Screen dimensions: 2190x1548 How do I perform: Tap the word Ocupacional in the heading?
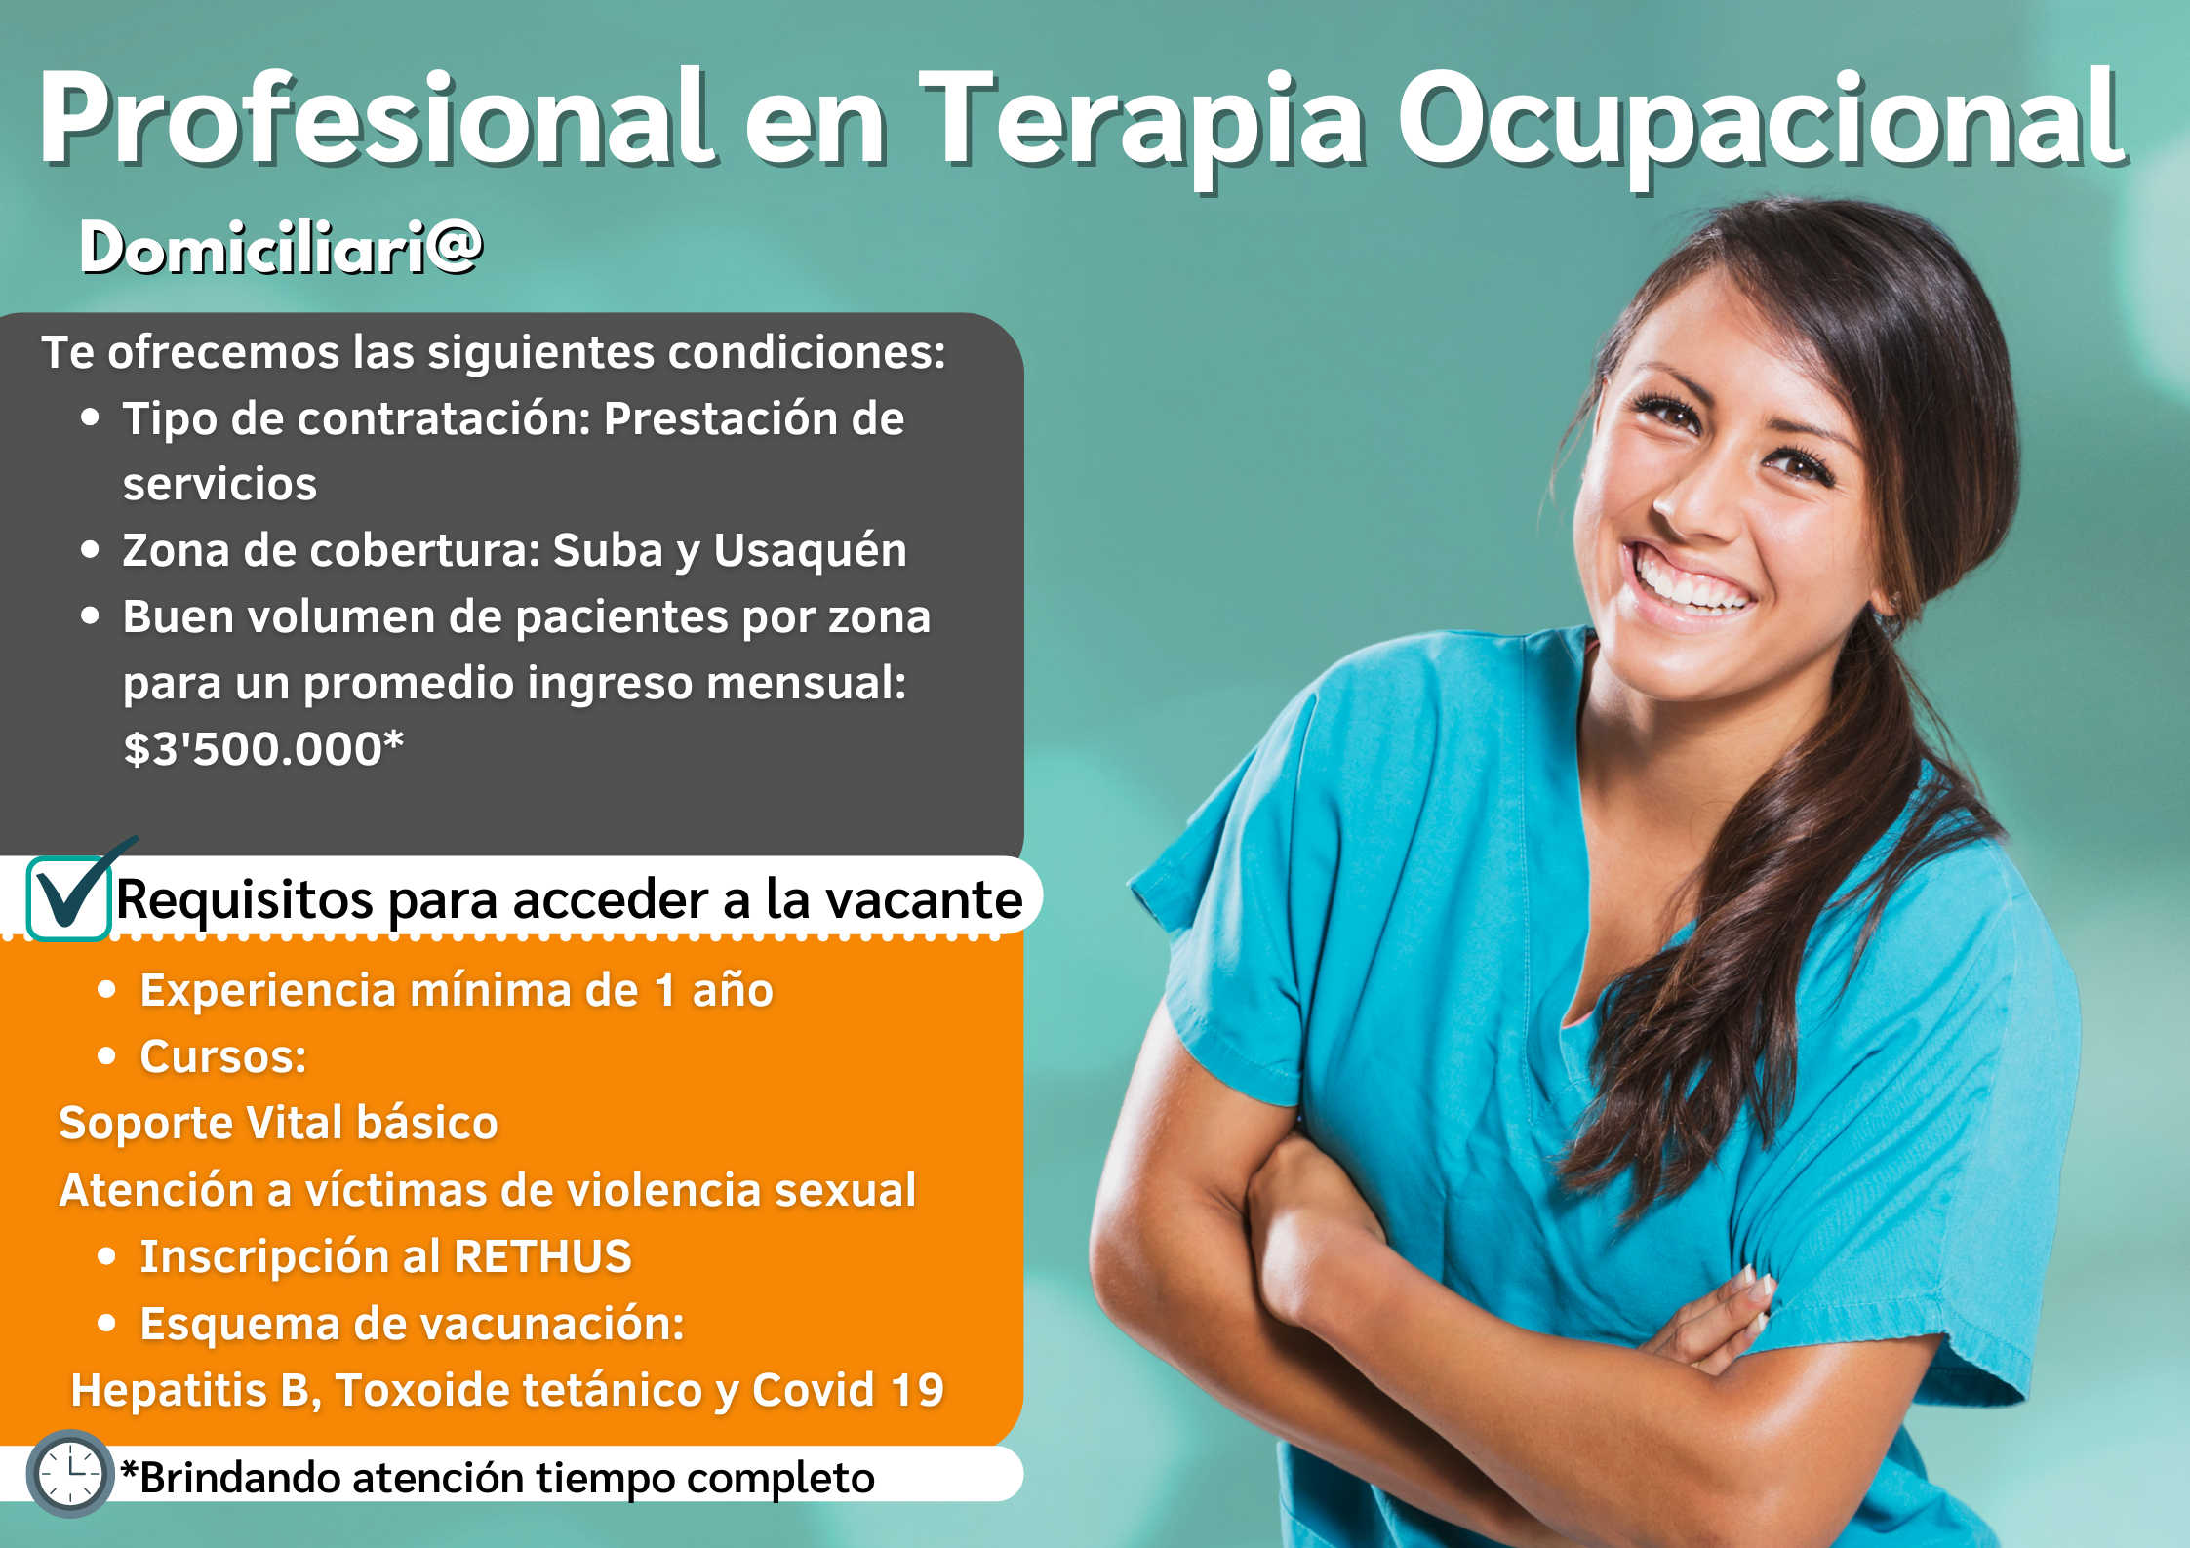[x=1761, y=122]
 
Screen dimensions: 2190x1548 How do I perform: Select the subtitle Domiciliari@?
[x=281, y=247]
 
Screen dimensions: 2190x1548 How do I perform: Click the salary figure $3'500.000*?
[x=263, y=749]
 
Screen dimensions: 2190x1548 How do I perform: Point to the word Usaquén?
[x=810, y=550]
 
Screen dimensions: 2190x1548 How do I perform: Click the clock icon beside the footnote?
[x=70, y=1473]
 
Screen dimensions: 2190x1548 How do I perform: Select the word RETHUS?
[x=542, y=1256]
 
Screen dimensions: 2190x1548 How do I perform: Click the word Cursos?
[x=223, y=1056]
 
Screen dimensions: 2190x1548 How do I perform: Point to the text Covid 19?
[x=848, y=1390]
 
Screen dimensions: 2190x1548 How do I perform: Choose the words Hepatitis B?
[x=196, y=1391]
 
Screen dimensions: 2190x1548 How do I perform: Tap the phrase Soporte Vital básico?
[x=279, y=1123]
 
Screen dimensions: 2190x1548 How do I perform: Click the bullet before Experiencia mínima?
[x=107, y=990]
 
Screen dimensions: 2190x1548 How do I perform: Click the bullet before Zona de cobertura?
[x=91, y=550]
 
